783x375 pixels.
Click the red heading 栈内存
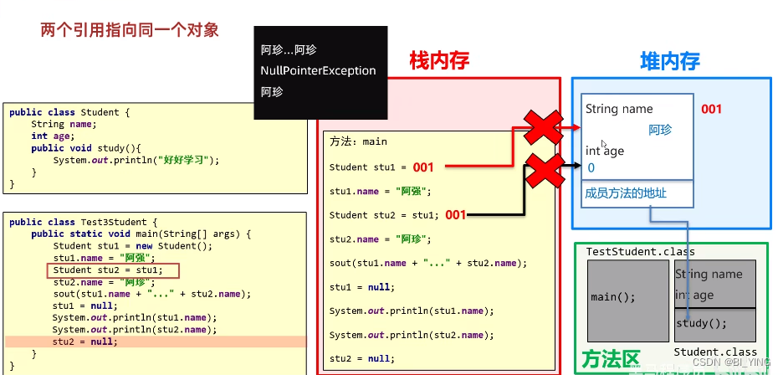point(439,60)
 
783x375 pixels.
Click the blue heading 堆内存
point(669,60)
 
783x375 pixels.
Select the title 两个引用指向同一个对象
point(130,30)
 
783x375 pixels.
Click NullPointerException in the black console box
point(318,70)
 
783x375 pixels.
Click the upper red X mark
point(543,127)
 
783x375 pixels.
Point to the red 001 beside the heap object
point(711,109)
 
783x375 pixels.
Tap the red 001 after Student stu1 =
point(423,167)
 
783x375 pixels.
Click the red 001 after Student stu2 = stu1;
point(455,215)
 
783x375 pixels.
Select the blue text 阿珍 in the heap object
point(660,130)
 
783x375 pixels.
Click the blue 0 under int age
point(591,168)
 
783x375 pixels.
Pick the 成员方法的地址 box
point(637,193)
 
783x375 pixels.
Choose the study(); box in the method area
point(714,324)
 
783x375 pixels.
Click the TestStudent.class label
point(640,251)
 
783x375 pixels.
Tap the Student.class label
point(715,352)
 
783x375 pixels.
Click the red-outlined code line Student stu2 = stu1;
point(113,270)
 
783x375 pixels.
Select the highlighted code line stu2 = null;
point(85,342)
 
